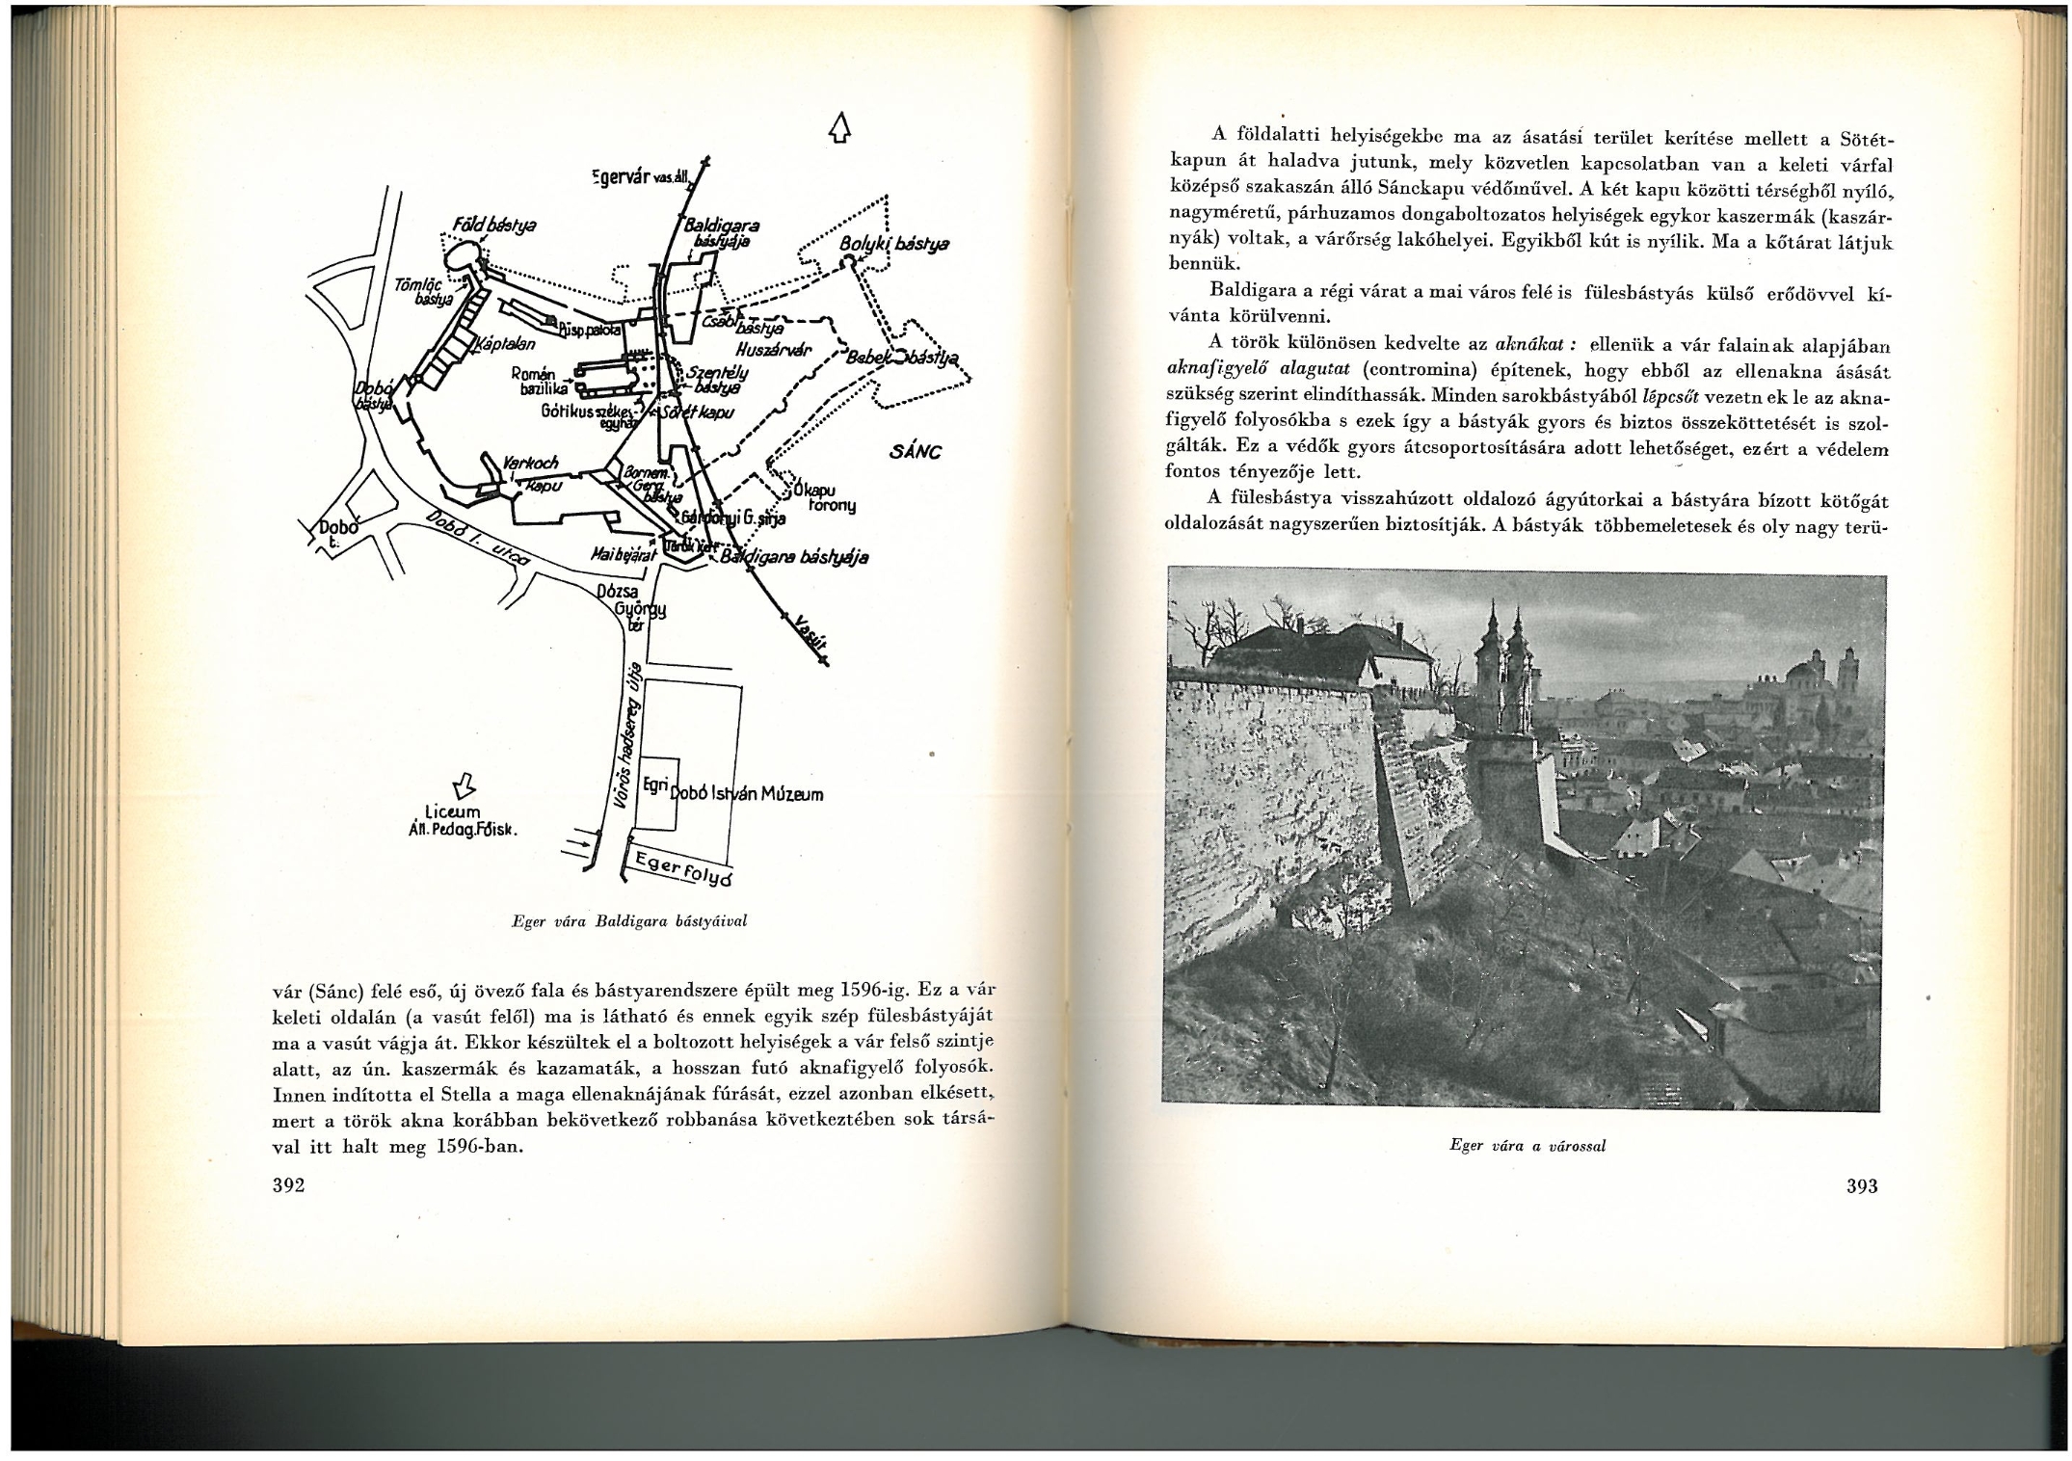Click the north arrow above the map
(x=840, y=128)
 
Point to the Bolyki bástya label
(x=893, y=245)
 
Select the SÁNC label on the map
(x=916, y=452)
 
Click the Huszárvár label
(x=773, y=350)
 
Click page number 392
(x=289, y=1185)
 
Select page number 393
(x=1861, y=1186)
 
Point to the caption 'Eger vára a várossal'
(x=1527, y=1146)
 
